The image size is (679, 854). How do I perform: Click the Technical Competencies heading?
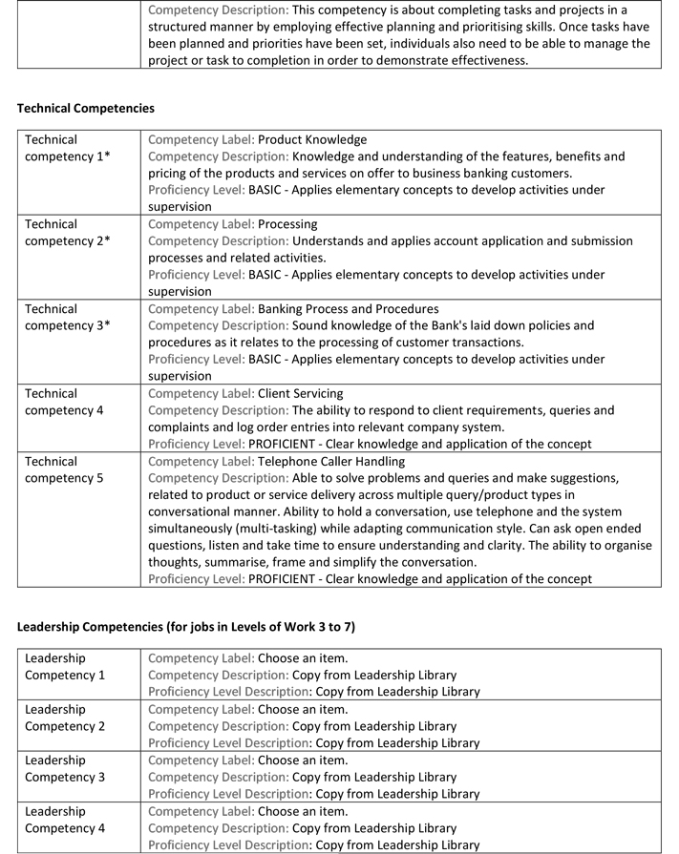pos(86,109)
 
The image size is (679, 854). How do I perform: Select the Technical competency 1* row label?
pos(67,148)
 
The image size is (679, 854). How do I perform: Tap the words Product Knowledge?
pos(312,139)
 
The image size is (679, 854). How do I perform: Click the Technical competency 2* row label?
pos(67,233)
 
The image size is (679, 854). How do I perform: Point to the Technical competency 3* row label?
pos(67,317)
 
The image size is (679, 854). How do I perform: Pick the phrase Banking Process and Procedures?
pos(349,309)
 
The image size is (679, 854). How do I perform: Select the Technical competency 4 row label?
pos(64,402)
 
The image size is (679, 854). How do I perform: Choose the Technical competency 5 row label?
pos(64,469)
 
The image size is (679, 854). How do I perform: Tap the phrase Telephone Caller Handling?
pos(331,461)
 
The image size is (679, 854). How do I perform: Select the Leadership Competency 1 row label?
pos(65,667)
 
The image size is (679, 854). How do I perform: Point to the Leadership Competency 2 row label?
pos(65,718)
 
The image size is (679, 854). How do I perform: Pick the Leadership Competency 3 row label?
pos(65,769)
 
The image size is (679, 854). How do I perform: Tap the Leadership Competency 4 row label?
pos(65,820)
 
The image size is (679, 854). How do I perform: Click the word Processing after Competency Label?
pos(287,224)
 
